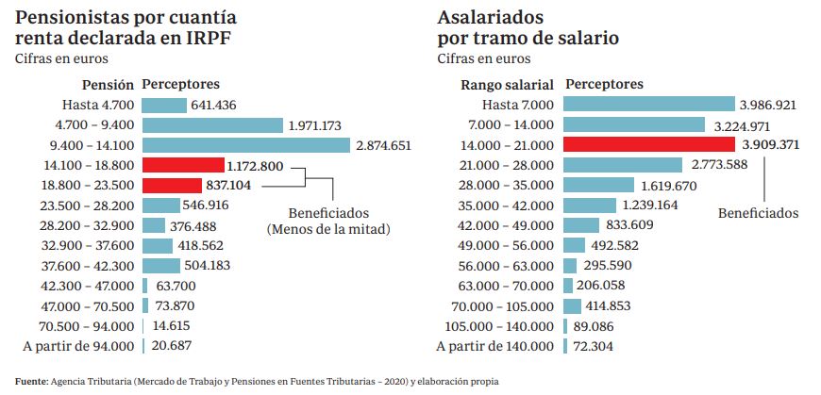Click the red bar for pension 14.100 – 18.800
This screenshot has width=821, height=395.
[x=183, y=166]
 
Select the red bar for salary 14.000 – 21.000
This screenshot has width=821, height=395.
[x=648, y=145]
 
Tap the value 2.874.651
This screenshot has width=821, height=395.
[x=384, y=145]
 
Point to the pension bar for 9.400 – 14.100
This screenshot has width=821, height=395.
[x=247, y=145]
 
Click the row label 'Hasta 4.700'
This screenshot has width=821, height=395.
[x=98, y=105]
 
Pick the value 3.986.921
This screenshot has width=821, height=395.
[x=769, y=105]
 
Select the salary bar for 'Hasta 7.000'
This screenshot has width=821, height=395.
[x=648, y=105]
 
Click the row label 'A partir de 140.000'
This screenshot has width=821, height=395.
[x=495, y=346]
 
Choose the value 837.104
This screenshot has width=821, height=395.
[x=227, y=186]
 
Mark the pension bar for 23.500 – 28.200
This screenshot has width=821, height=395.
[x=161, y=206]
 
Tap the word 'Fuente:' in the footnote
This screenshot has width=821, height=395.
[x=31, y=381]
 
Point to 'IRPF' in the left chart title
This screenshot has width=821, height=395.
[x=208, y=39]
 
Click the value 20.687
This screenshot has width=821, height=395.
[x=172, y=346]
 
